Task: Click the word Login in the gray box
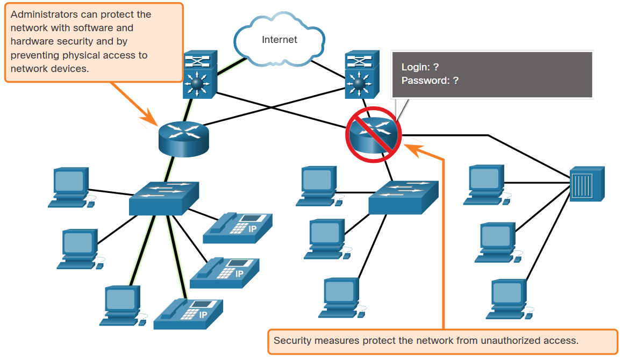click(x=416, y=67)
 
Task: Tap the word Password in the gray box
click(x=425, y=81)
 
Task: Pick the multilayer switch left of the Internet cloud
click(x=199, y=75)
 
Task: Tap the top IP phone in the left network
click(x=238, y=228)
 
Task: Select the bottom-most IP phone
click(x=188, y=314)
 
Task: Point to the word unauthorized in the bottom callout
click(x=504, y=341)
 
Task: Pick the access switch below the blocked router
click(x=403, y=197)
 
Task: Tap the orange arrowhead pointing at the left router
click(x=151, y=118)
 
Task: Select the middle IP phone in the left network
click(x=225, y=273)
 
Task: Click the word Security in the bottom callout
click(x=291, y=341)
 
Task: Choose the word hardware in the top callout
click(x=30, y=41)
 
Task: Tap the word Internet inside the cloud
click(x=279, y=40)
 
